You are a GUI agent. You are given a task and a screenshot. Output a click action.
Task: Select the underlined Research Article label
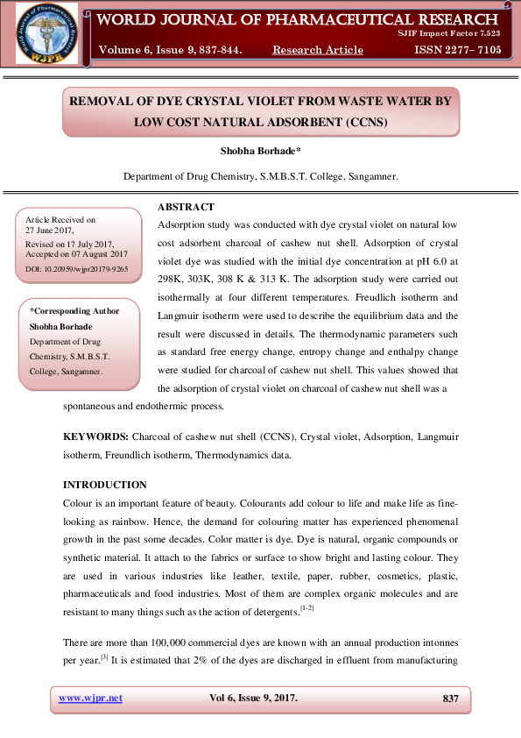[x=318, y=50]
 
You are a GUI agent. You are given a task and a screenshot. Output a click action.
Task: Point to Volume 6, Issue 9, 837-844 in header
[x=170, y=50]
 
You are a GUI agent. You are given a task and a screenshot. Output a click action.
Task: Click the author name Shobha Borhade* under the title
[x=260, y=152]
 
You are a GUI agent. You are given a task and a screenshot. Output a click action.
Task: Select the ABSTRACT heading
[x=186, y=207]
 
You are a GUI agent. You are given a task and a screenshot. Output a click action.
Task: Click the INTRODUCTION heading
[x=105, y=485]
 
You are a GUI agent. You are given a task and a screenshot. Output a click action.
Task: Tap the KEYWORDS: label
[x=96, y=436]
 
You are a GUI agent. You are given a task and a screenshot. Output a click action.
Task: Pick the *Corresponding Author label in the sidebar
[x=74, y=311]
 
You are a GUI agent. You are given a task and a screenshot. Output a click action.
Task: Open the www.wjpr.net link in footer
[x=90, y=698]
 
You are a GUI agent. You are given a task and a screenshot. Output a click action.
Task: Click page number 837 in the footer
[x=451, y=698]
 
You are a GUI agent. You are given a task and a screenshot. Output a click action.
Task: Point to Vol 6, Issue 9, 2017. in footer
[x=253, y=698]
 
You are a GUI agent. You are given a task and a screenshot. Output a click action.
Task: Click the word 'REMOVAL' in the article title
[x=110, y=101]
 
